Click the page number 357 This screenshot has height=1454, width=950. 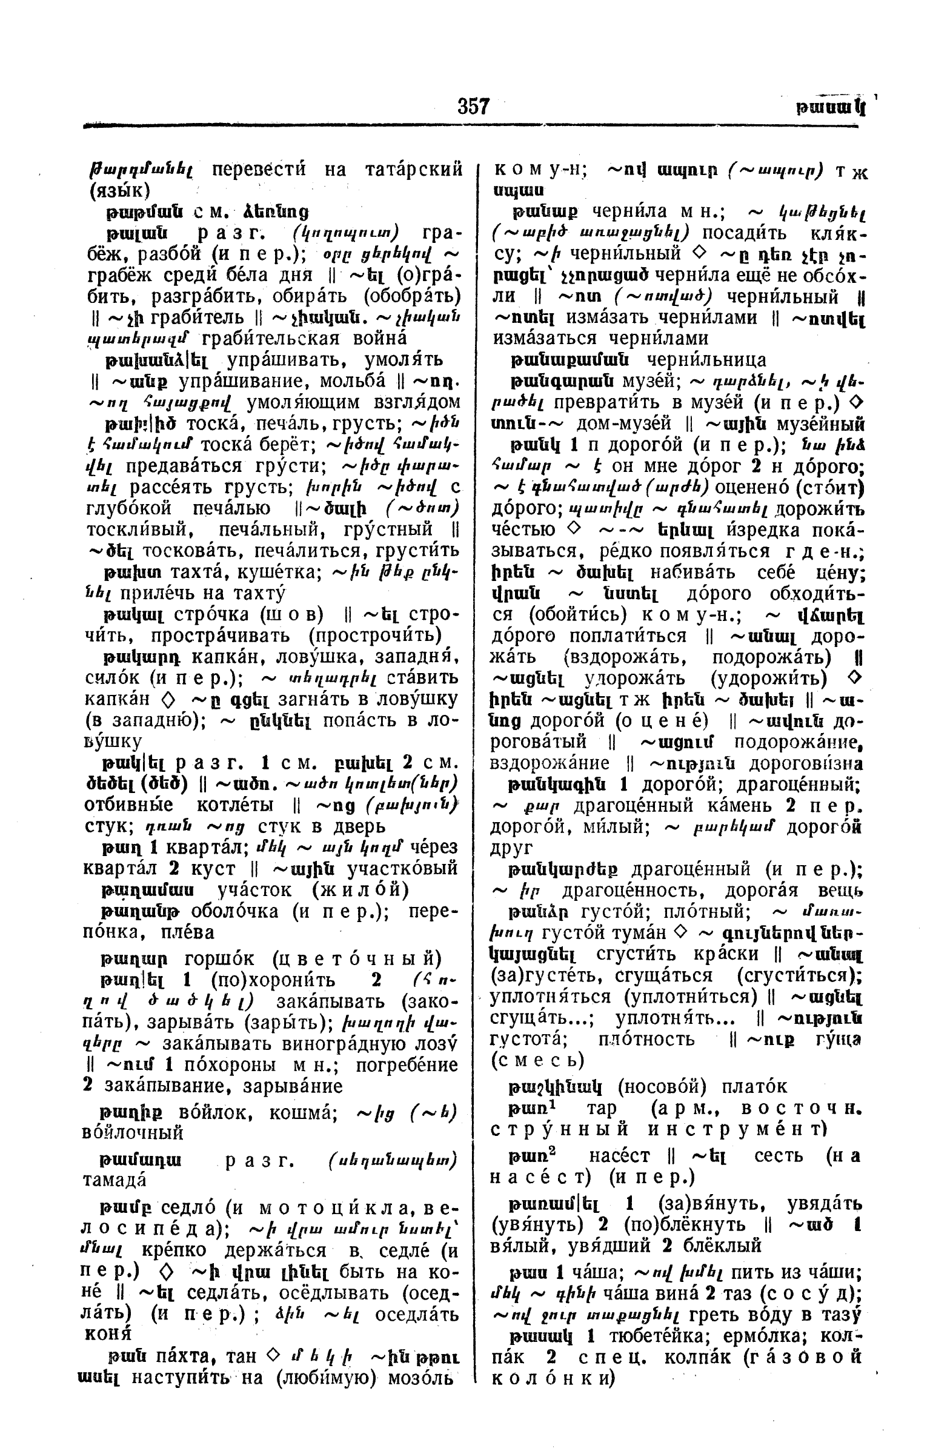coord(473,106)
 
